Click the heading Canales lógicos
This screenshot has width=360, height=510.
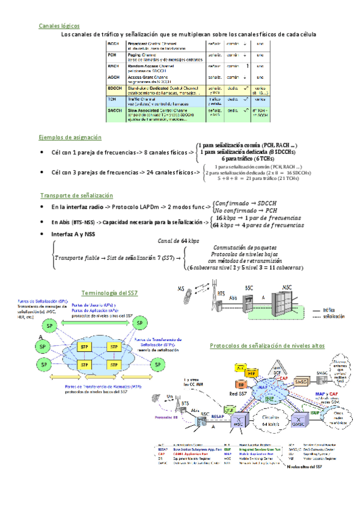point(58,26)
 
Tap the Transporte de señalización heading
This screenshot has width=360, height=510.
point(76,195)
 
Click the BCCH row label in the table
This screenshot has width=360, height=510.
point(113,45)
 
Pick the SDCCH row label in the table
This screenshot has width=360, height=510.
point(114,89)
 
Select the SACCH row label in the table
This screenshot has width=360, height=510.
point(114,111)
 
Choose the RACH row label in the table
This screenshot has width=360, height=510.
point(113,66)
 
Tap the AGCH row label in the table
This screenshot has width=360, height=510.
point(113,77)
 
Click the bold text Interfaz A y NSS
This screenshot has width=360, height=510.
point(73,234)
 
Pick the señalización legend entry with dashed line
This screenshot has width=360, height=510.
point(332,316)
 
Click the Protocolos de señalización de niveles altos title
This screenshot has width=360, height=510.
point(266,346)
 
